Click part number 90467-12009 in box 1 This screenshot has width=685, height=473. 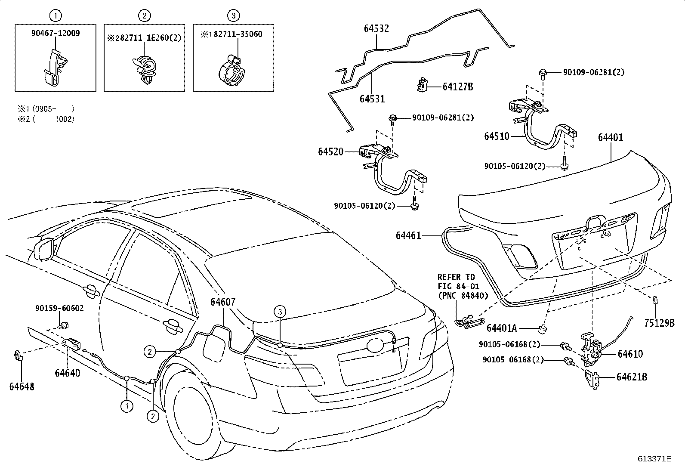(56, 33)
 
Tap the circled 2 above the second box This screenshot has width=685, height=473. (145, 16)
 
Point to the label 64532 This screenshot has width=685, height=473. (376, 29)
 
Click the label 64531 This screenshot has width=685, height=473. (372, 99)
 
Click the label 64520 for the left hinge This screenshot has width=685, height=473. (331, 151)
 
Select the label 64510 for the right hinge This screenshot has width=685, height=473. (497, 136)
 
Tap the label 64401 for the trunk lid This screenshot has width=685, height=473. (610, 138)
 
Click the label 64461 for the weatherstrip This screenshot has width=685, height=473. (409, 235)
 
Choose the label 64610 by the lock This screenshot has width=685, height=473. (630, 354)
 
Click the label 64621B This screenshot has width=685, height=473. (631, 377)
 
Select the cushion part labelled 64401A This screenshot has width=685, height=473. (543, 330)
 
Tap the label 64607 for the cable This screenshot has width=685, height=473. (223, 302)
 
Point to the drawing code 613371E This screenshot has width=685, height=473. (654, 459)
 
